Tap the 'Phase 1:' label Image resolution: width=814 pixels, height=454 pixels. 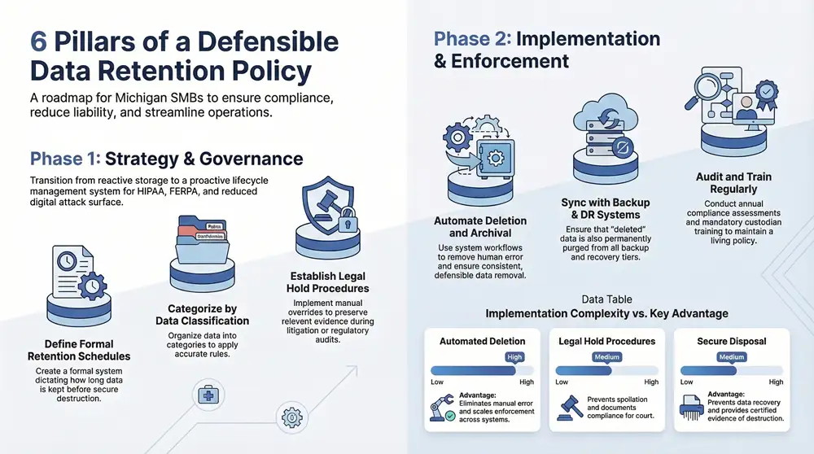64,159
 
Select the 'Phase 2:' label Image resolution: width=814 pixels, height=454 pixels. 471,38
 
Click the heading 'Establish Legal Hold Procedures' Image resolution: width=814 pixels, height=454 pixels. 327,282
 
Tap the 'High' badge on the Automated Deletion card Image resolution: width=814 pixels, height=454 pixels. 514,357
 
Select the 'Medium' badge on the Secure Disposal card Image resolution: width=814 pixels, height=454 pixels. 732,357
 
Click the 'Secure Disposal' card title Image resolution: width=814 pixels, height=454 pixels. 732,341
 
